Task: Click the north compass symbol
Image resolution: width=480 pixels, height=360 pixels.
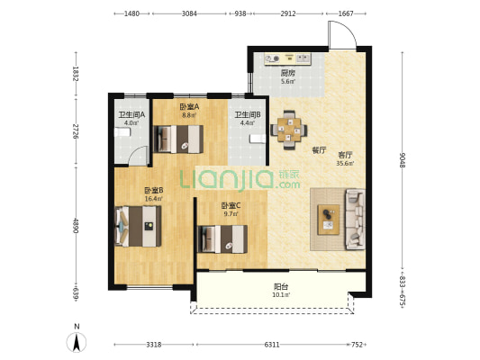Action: point(77,342)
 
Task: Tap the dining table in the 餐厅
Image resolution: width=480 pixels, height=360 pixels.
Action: point(289,130)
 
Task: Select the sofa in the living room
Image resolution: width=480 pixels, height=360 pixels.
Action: point(356,220)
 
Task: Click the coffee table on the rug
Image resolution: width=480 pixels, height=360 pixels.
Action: point(329,220)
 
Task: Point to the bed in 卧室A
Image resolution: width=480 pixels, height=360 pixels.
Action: point(178,139)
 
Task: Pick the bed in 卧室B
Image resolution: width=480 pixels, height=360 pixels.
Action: point(138,226)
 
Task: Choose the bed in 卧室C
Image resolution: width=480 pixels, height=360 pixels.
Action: point(222,239)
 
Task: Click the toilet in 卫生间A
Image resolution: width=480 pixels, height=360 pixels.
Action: point(122,132)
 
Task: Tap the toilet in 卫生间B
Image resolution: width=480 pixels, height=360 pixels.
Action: point(258,139)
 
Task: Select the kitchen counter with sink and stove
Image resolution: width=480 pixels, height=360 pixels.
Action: point(288,58)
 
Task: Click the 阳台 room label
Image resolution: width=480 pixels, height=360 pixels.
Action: point(281,286)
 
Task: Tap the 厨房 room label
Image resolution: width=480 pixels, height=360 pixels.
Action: point(288,73)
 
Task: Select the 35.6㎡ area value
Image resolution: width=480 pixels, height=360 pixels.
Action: point(345,163)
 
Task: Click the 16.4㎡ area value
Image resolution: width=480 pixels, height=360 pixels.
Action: point(154,199)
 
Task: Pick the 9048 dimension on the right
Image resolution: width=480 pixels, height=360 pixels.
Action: point(403,160)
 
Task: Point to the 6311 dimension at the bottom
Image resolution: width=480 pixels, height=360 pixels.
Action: point(272,345)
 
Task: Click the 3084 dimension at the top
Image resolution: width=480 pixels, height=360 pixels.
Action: point(189,13)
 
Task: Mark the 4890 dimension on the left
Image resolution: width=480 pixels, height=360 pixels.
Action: point(76,225)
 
